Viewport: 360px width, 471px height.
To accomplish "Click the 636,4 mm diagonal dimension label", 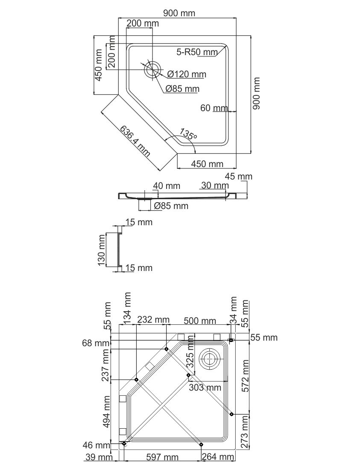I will point(135,141).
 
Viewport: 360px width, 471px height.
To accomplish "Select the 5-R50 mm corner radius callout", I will point(197,52).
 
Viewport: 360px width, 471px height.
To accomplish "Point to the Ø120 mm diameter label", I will point(187,74).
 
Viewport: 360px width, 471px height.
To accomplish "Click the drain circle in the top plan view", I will point(152,69).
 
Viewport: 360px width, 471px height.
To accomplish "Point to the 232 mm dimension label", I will point(153,320).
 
